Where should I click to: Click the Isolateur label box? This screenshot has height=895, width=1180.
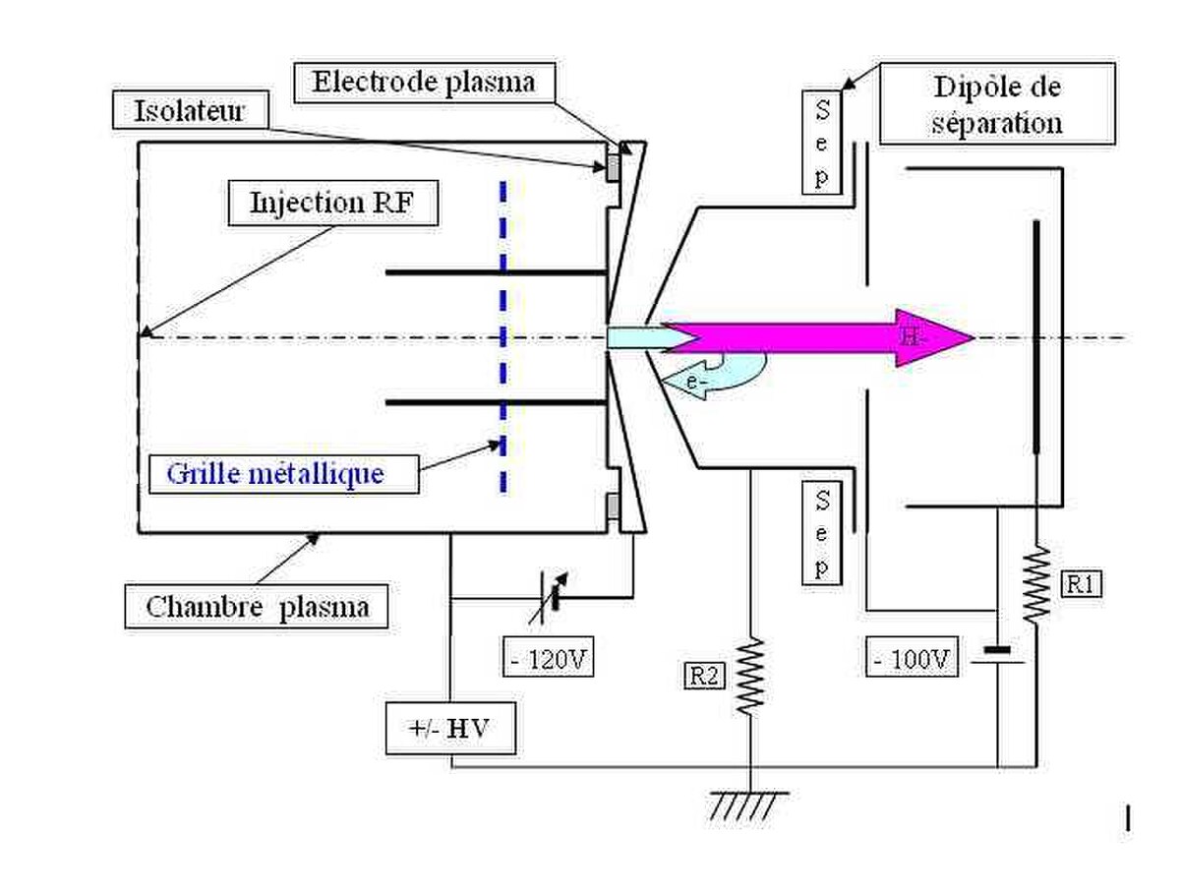[190, 109]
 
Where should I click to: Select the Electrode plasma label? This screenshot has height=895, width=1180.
[424, 83]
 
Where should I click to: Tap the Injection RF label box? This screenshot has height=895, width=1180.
[332, 203]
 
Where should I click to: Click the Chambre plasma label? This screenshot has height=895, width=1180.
[257, 607]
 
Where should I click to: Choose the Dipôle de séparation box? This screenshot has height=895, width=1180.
[997, 103]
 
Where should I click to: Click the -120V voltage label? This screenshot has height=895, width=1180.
[548, 657]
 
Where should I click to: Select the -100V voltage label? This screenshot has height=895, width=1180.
[912, 657]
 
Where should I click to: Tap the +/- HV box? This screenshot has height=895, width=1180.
[450, 728]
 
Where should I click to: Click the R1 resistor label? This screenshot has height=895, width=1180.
[1081, 583]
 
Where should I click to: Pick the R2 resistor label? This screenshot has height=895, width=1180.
[704, 676]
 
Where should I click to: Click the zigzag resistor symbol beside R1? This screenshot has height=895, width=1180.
[1036, 585]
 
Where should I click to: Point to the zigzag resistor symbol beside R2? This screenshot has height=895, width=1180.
[750, 677]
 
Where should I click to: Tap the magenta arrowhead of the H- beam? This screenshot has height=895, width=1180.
[934, 338]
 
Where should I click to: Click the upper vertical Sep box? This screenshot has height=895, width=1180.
[821, 143]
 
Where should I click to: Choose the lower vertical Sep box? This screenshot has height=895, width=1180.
[821, 533]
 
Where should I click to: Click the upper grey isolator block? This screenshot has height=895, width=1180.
[614, 168]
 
